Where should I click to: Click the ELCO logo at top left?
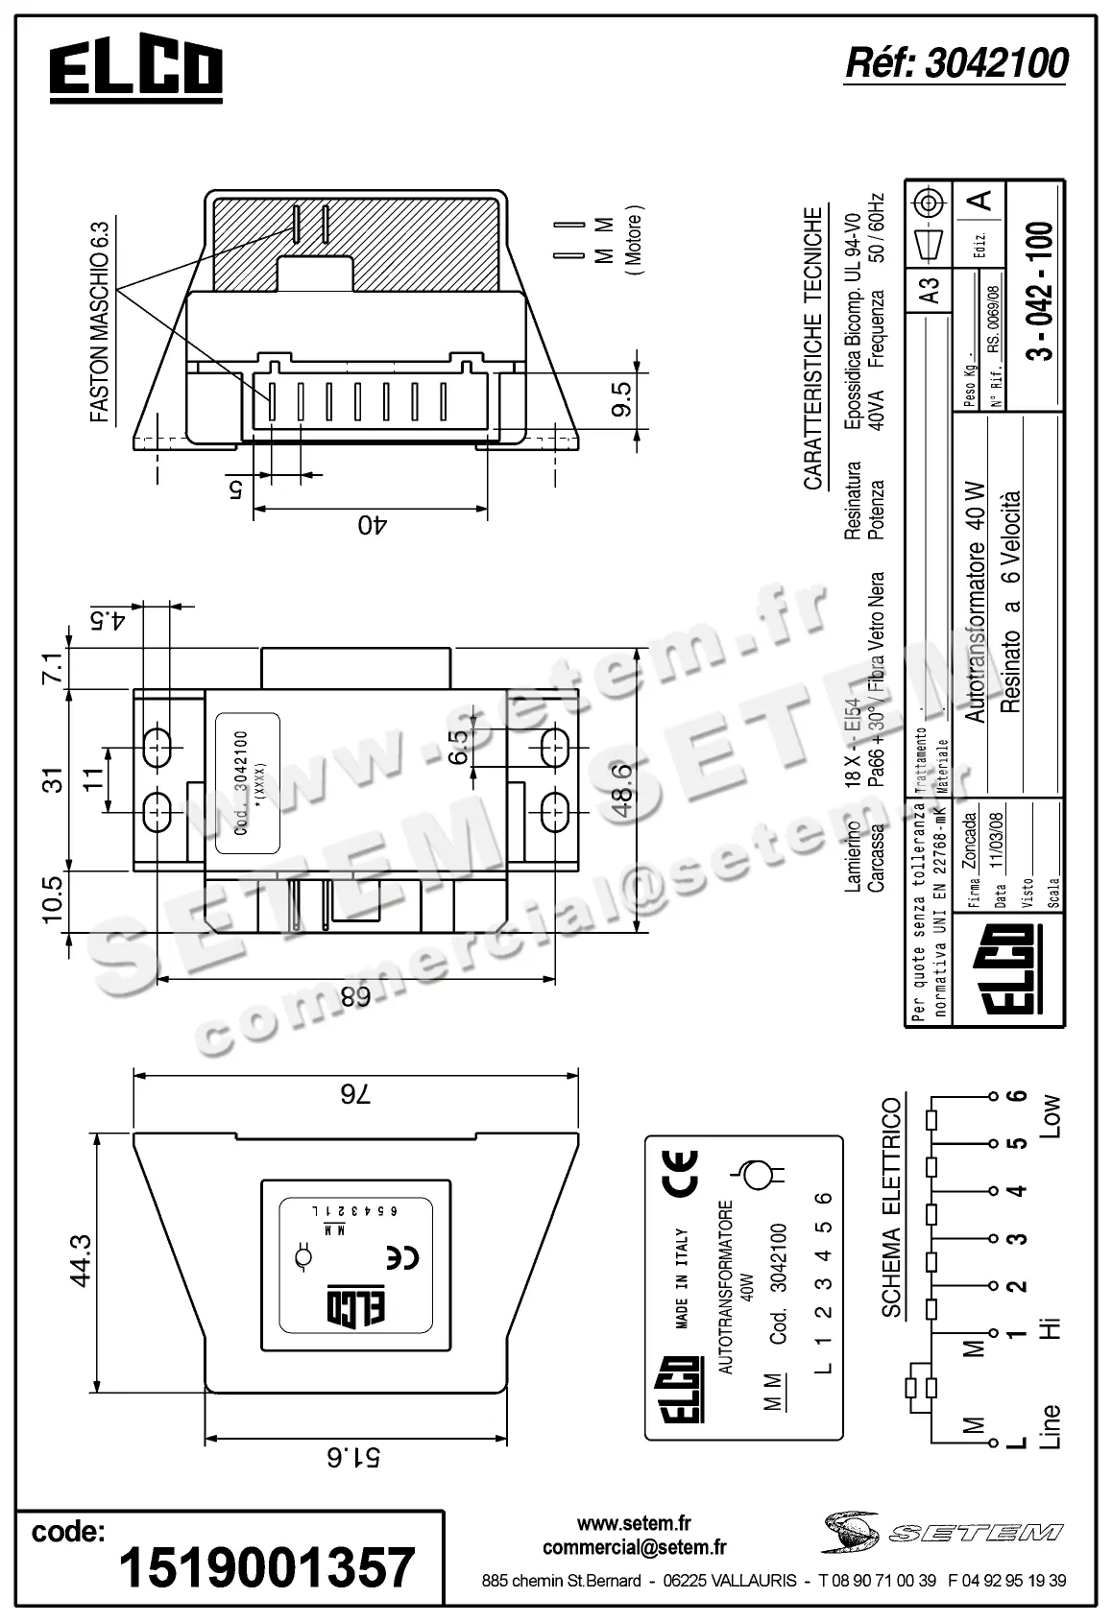point(135,72)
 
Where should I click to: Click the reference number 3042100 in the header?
point(955,63)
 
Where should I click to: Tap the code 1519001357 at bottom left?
point(267,1567)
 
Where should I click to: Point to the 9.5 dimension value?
point(621,399)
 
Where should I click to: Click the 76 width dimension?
point(354,1093)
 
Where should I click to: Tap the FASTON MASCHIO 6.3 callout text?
point(100,322)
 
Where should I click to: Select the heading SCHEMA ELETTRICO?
point(891,1206)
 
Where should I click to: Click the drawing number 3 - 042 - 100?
point(1039,291)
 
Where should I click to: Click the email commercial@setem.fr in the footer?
point(634,1547)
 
